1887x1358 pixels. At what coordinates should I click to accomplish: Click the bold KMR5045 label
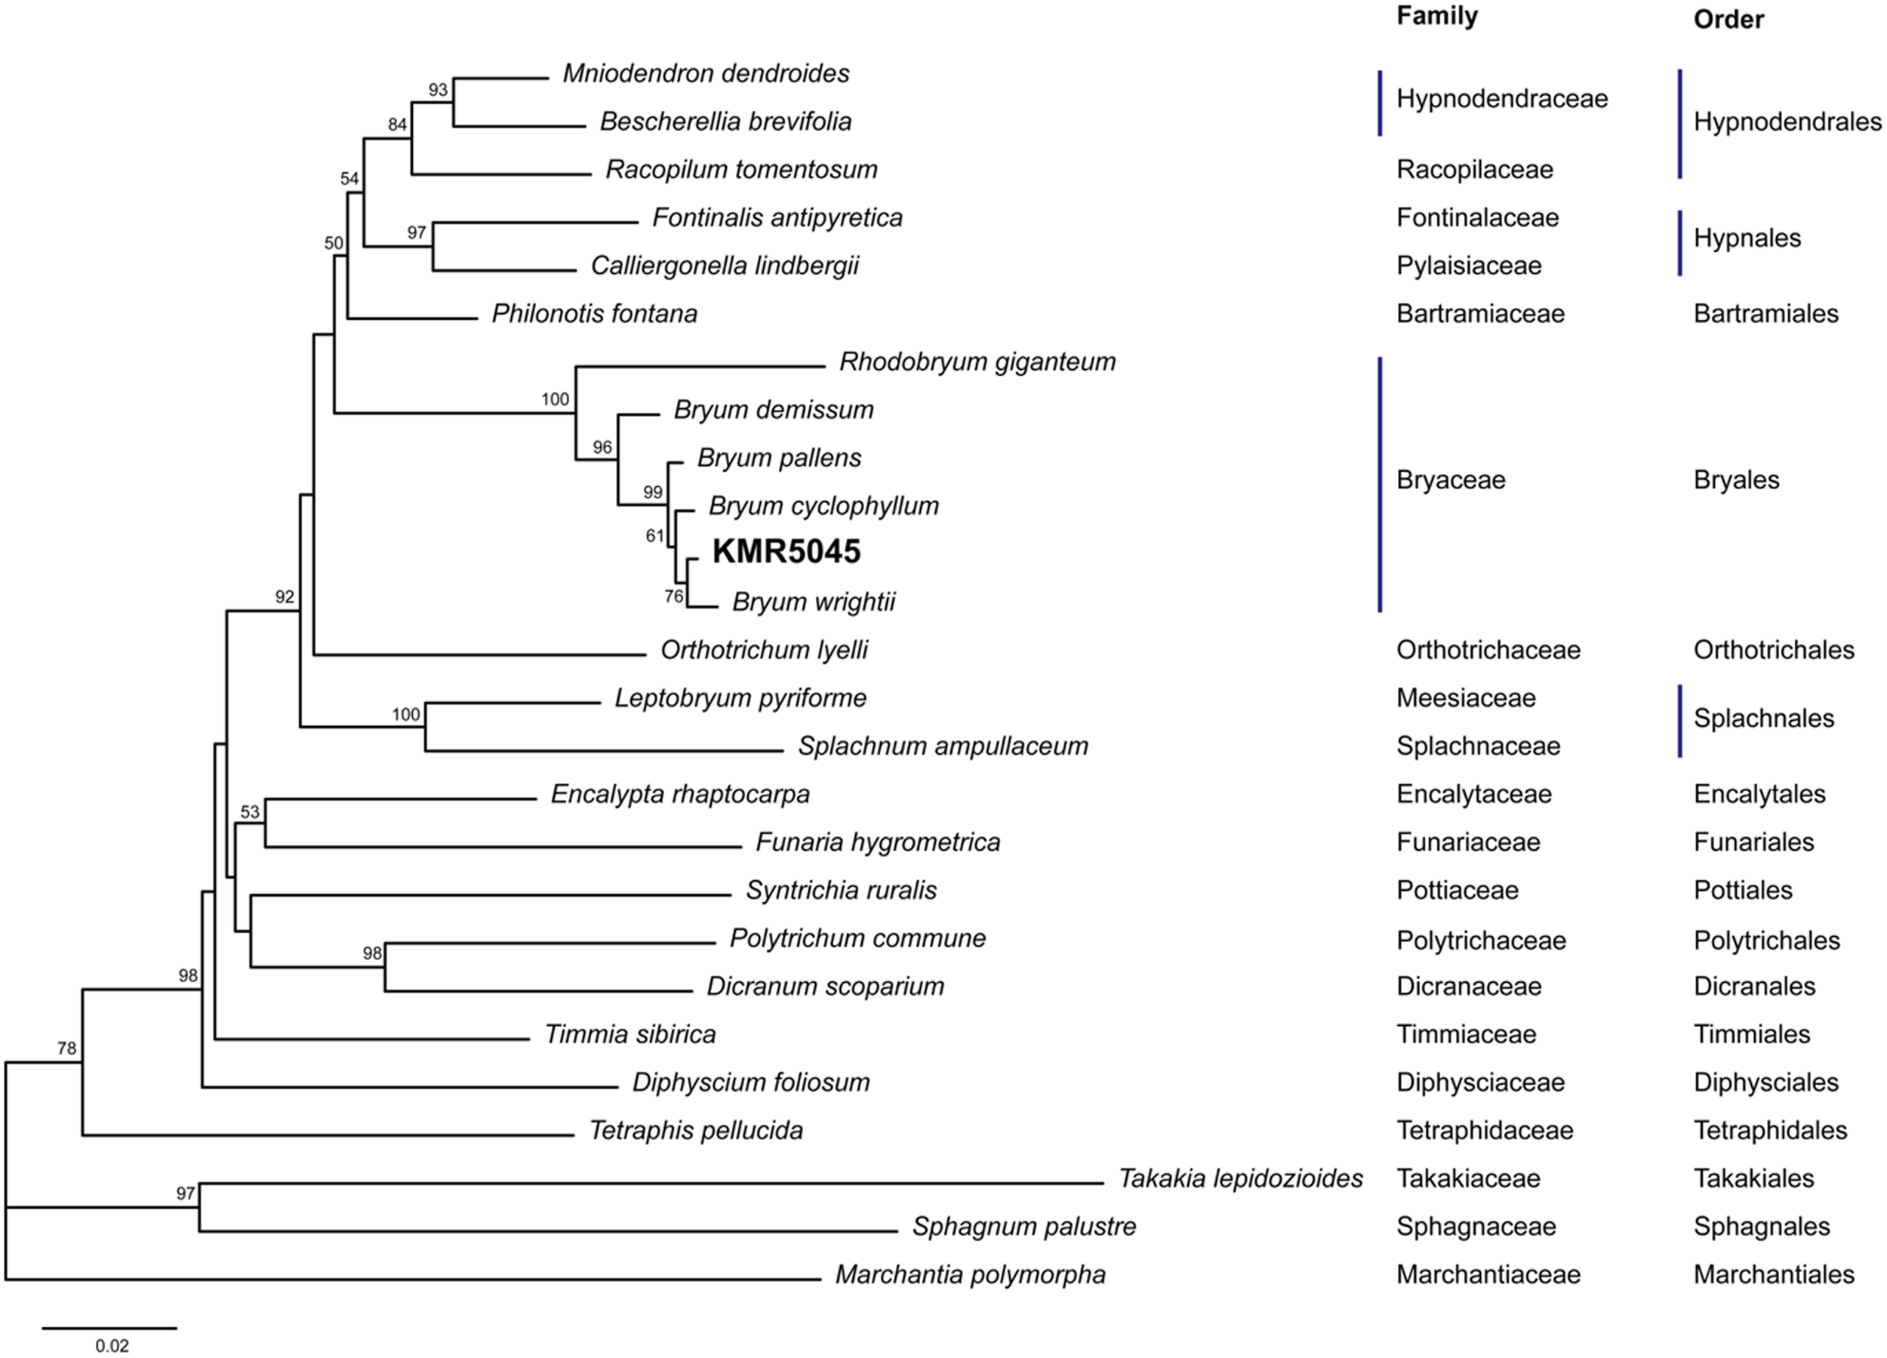tap(787, 552)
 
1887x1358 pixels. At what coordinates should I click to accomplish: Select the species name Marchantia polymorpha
tap(970, 1274)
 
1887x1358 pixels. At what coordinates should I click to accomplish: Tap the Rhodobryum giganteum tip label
tap(977, 362)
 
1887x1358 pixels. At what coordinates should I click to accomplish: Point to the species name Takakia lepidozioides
tap(1239, 1178)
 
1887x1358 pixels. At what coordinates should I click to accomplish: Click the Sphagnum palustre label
tap(1024, 1226)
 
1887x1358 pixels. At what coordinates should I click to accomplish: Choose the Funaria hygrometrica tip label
tap(878, 842)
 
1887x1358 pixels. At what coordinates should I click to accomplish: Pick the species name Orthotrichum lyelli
tap(764, 650)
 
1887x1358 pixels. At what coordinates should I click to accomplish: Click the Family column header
tap(1437, 16)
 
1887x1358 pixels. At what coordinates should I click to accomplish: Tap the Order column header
tap(1728, 19)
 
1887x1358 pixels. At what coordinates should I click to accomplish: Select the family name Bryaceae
tap(1450, 480)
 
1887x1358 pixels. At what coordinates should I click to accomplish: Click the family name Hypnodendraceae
tap(1502, 99)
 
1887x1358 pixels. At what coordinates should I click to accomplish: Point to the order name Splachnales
tap(1763, 718)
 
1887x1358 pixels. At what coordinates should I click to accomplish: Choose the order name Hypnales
tap(1747, 238)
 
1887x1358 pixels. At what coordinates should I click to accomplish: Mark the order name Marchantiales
tap(1774, 1274)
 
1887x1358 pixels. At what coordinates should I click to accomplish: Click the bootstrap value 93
tap(438, 90)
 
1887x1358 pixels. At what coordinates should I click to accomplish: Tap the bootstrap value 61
tap(655, 536)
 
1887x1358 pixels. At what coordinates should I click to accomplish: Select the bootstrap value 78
tap(66, 1049)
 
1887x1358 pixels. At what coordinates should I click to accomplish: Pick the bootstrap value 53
tap(250, 812)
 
